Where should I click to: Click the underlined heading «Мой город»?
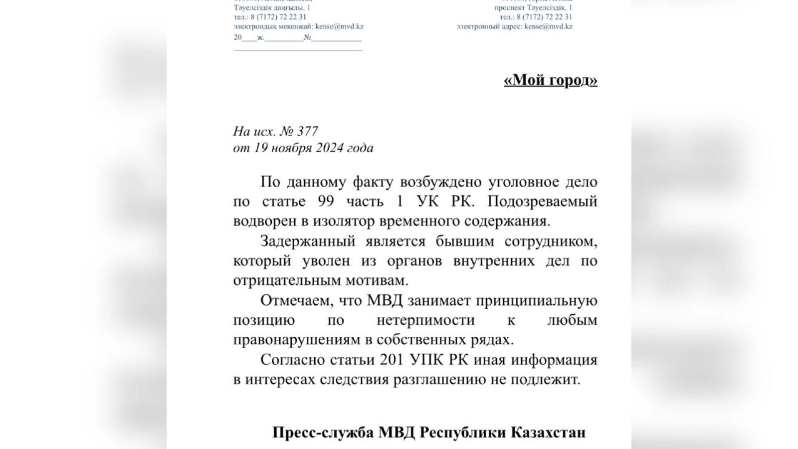click(x=550, y=80)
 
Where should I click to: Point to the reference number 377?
click(x=307, y=131)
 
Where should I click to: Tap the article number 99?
click(x=326, y=202)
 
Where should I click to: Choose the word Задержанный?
click(x=307, y=241)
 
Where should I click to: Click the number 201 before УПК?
click(x=392, y=360)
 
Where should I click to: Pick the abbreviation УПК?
click(x=426, y=360)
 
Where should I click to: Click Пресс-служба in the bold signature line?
click(x=322, y=432)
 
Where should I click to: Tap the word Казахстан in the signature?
click(x=548, y=432)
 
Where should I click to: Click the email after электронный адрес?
click(x=549, y=26)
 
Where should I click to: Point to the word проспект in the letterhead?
click(x=509, y=8)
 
